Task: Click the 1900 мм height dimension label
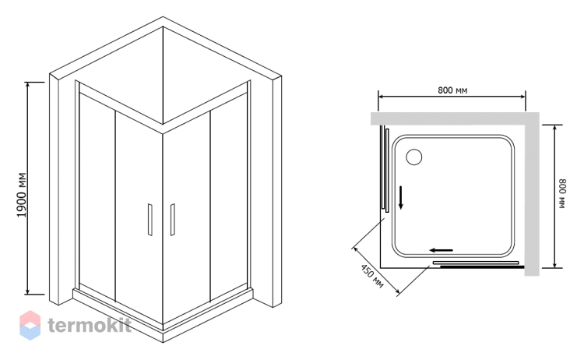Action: tap(22, 196)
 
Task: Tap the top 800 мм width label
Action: tap(452, 90)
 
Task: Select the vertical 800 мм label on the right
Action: tap(562, 194)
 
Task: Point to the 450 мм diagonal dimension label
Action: tap(371, 276)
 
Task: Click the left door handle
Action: tap(150, 220)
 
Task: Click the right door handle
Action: tap(172, 220)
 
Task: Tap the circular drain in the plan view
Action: tap(413, 157)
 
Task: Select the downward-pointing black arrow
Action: tap(401, 197)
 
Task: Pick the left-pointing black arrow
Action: tap(441, 250)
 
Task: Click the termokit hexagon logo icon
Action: tap(30, 325)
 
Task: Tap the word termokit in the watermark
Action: tap(90, 325)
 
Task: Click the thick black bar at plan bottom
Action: tap(482, 266)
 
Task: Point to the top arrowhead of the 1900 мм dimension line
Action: tap(27, 86)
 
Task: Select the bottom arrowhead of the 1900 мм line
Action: tap(27, 291)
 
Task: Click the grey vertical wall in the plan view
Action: tap(532, 194)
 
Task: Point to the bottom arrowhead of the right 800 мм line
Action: tap(554, 264)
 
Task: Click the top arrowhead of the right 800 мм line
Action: tap(554, 129)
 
